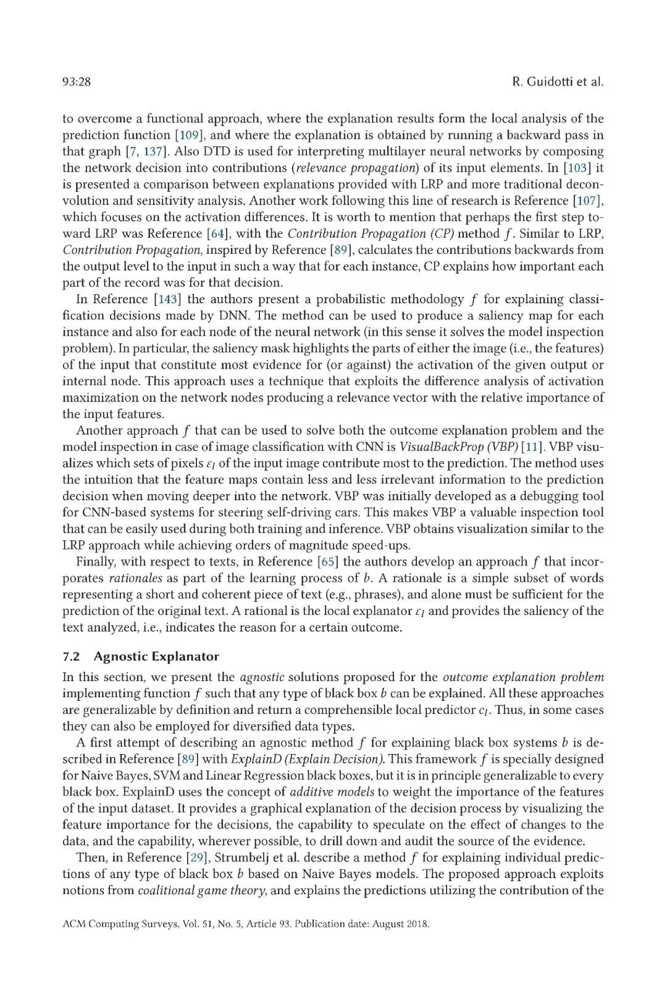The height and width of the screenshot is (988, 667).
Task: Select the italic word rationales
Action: click(135, 579)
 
